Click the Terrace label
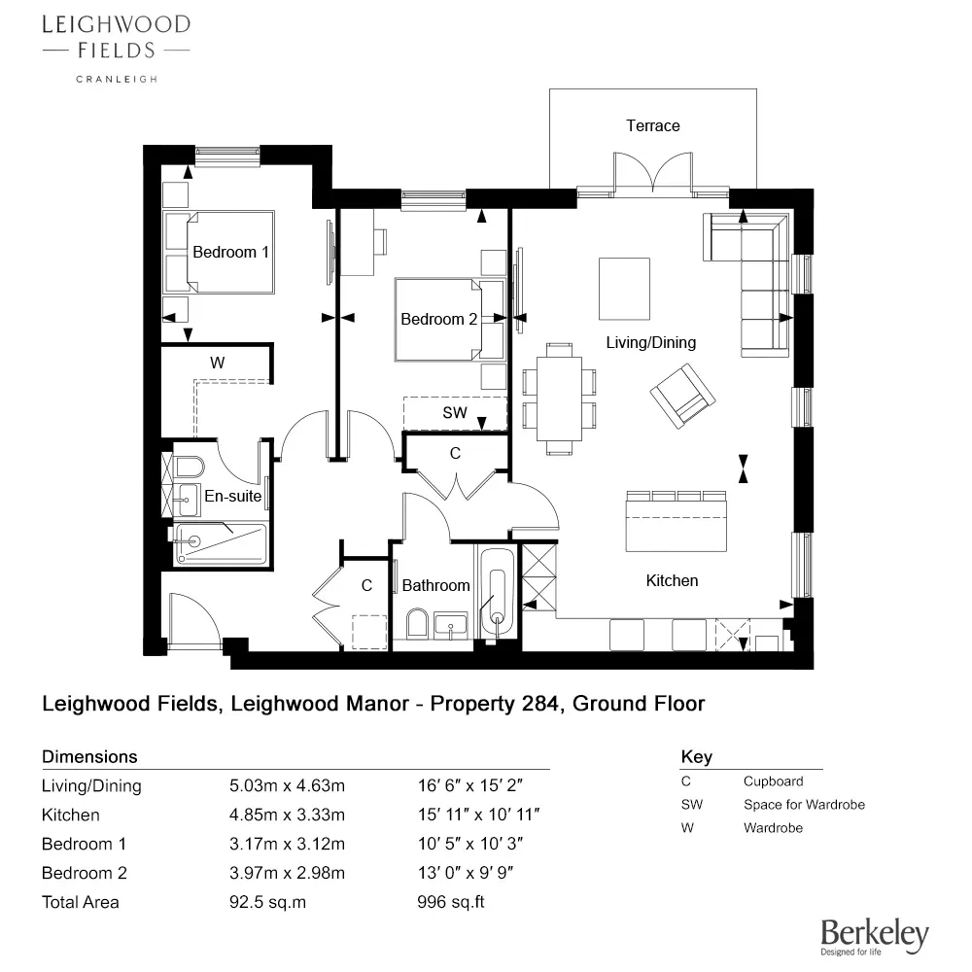(x=652, y=126)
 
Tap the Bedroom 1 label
(x=230, y=253)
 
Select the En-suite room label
(x=232, y=497)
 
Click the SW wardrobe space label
(x=455, y=413)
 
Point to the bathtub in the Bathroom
(x=497, y=593)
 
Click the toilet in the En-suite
(x=188, y=464)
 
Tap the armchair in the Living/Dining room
(x=682, y=396)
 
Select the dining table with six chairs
(x=559, y=398)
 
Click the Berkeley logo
(x=874, y=937)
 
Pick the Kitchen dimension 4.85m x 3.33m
(x=286, y=816)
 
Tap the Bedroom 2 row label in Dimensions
(x=85, y=873)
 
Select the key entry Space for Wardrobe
(x=803, y=805)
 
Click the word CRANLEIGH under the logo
(x=116, y=79)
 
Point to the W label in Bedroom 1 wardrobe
(x=218, y=363)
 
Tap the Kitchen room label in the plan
(x=672, y=581)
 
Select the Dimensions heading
(x=89, y=756)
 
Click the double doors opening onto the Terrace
(x=652, y=175)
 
